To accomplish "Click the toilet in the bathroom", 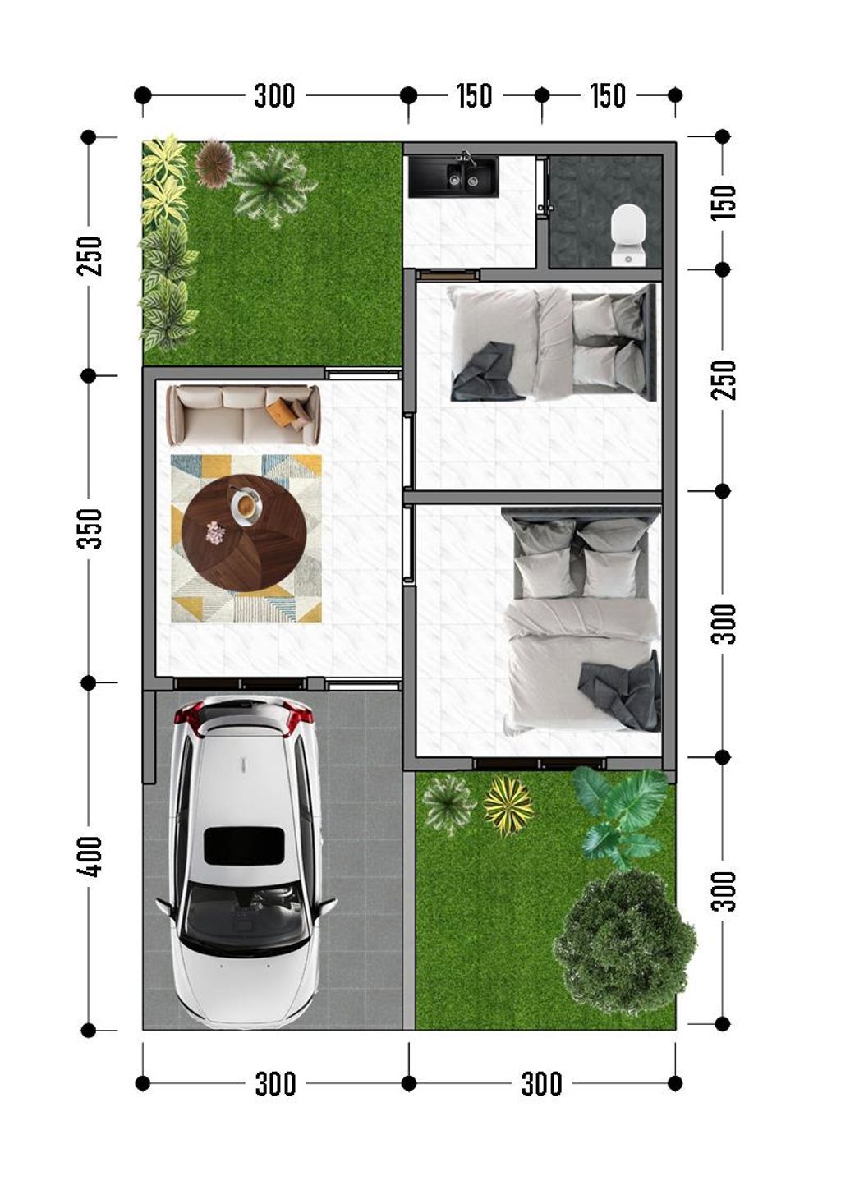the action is (x=628, y=236).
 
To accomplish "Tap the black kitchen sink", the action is (x=453, y=177).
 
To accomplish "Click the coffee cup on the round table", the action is (x=246, y=505).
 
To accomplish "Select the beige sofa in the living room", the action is (x=243, y=416).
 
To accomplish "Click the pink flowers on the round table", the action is (x=215, y=532).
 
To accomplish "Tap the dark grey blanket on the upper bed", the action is (x=484, y=371).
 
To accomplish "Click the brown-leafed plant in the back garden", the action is (x=214, y=163).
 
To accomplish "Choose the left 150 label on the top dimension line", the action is (x=475, y=95).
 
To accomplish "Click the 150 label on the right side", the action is (x=724, y=202).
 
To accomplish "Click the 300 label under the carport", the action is (x=275, y=1084).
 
